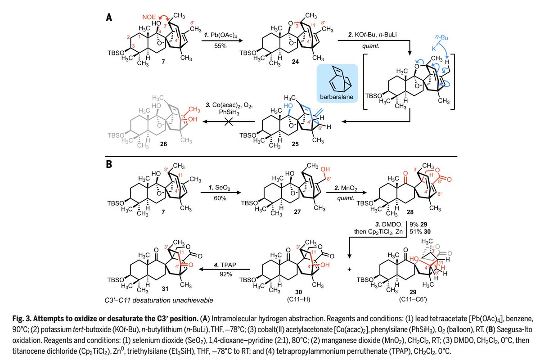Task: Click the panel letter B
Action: point(109,165)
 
